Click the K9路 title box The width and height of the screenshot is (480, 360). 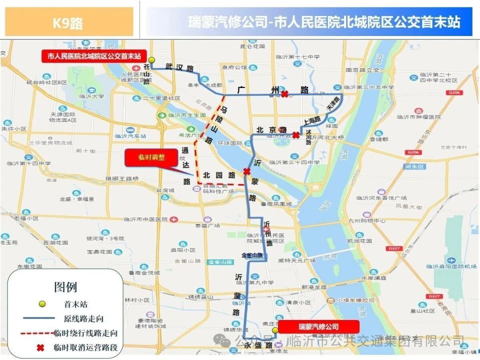(68, 22)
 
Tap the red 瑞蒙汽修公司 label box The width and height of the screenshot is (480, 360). (318, 326)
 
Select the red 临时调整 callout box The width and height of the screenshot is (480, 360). (151, 156)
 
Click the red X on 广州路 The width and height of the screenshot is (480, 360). (284, 94)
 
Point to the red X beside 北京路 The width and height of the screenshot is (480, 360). (296, 135)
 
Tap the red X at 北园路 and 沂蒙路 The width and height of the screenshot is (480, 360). (246, 171)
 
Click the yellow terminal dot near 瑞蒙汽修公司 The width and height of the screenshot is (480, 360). (274, 330)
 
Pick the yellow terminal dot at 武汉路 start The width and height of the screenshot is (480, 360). (151, 60)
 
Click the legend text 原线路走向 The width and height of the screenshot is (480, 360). (83, 318)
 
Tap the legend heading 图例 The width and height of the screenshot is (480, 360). (65, 287)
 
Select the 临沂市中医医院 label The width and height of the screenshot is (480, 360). (150, 219)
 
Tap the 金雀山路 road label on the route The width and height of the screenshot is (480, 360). (253, 255)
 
